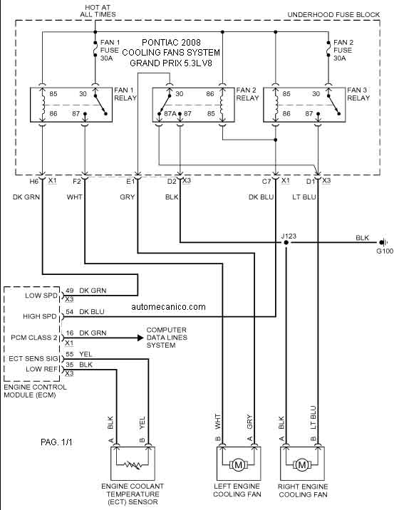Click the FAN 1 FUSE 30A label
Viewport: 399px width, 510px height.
pos(110,50)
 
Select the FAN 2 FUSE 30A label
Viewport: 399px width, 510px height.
pos(343,50)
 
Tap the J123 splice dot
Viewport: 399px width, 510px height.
pos(286,243)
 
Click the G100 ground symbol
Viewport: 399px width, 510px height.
pos(383,242)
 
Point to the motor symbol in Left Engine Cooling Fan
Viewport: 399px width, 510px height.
pos(238,465)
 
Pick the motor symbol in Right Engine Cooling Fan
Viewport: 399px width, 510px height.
pos(302,465)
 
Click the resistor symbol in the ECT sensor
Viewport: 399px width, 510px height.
pos(133,465)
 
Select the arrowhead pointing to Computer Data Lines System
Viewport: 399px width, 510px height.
pos(140,338)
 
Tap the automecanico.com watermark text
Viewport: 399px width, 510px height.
pos(169,307)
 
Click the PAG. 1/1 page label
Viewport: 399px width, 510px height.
pos(56,442)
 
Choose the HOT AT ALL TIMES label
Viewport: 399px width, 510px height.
pos(98,11)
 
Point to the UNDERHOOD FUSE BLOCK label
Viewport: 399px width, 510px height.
pos(333,15)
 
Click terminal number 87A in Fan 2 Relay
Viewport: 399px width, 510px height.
pos(170,114)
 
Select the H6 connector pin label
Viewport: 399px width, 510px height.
pos(34,182)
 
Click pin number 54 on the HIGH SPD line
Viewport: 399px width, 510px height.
pos(70,311)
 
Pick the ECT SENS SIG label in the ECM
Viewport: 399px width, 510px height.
pos(33,358)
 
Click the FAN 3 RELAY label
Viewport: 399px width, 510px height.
pos(358,94)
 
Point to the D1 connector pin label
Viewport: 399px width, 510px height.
pos(311,182)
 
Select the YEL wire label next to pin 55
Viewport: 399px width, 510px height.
pos(85,354)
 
